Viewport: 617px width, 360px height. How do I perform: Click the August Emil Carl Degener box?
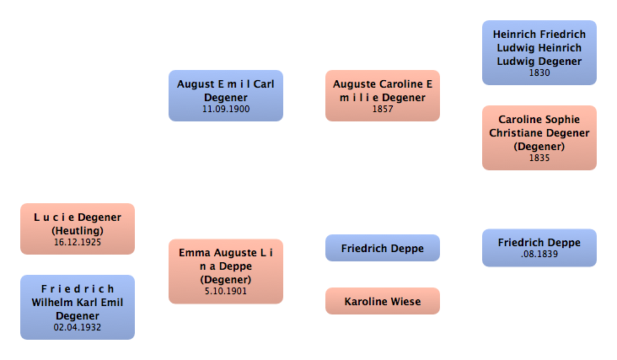tap(225, 95)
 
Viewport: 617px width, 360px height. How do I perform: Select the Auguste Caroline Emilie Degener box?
tap(382, 95)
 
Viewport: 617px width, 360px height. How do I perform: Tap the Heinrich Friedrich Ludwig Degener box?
tap(539, 52)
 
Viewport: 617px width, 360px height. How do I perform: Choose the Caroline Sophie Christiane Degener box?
tap(539, 137)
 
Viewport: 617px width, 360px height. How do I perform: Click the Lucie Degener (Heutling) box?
tap(78, 228)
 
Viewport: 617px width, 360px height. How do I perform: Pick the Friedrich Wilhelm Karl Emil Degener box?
tap(78, 307)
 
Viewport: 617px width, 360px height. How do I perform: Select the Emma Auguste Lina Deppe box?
tap(225, 271)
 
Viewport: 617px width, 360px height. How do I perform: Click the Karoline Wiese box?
tap(382, 301)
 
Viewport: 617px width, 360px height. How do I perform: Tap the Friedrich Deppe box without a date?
tap(382, 248)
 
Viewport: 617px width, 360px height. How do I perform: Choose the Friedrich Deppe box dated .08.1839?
tap(539, 247)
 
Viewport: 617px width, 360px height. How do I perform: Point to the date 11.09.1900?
tap(225, 109)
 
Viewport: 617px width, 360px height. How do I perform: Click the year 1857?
tap(382, 109)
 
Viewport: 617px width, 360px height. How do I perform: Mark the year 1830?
tap(539, 73)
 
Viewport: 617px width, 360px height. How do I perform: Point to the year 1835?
tap(539, 158)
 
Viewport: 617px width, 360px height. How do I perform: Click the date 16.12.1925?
tap(78, 241)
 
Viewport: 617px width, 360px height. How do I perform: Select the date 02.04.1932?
tap(78, 326)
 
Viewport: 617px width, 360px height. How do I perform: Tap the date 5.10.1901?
tap(225, 291)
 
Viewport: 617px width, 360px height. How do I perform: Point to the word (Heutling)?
tap(78, 229)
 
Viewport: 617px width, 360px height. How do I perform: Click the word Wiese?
tap(404, 301)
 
